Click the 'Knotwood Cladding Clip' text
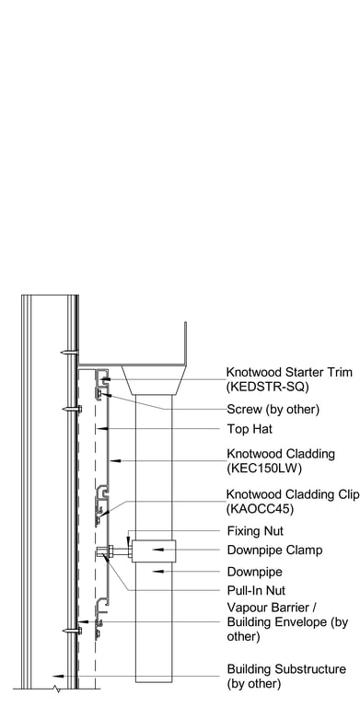point(293,494)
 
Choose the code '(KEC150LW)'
point(261,467)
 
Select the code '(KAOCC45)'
point(259,508)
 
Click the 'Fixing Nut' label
point(254,531)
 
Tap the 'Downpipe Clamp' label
point(274,551)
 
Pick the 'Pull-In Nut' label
point(257,590)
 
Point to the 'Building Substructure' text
point(286,669)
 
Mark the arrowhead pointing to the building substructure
point(58,675)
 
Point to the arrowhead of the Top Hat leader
point(102,429)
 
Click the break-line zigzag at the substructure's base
point(59,688)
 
